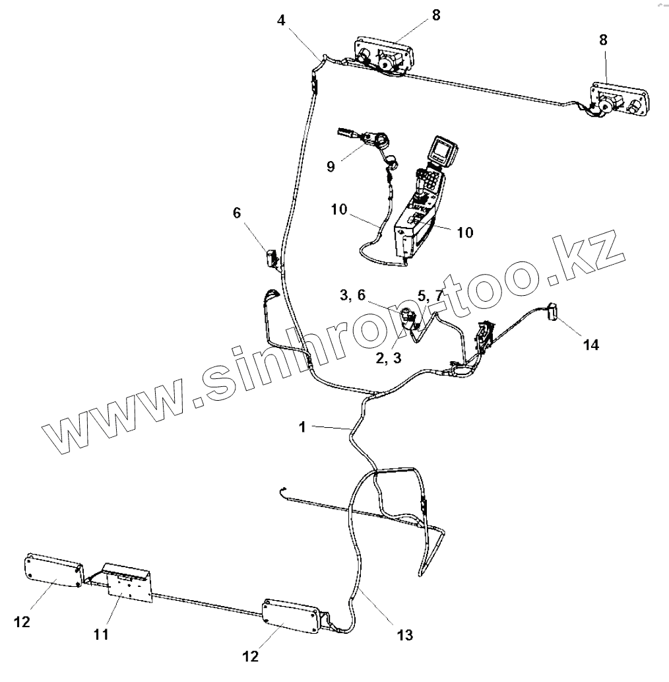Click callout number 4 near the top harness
tap(282, 20)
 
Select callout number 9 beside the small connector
tap(331, 166)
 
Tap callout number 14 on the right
tap(590, 344)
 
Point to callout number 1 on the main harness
tap(302, 427)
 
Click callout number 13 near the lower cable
tap(404, 635)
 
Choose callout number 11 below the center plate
tap(101, 634)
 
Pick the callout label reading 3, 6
tap(352, 296)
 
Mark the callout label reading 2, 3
tap(387, 357)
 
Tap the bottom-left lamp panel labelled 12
tap(53, 570)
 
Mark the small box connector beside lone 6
tap(272, 257)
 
